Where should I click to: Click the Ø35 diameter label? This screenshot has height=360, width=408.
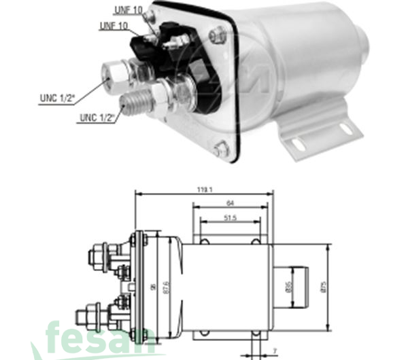coord(288,282)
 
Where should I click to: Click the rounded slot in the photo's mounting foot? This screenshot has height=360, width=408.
coord(297,143)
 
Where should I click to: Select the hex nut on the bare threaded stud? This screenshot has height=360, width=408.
coord(161,95)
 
